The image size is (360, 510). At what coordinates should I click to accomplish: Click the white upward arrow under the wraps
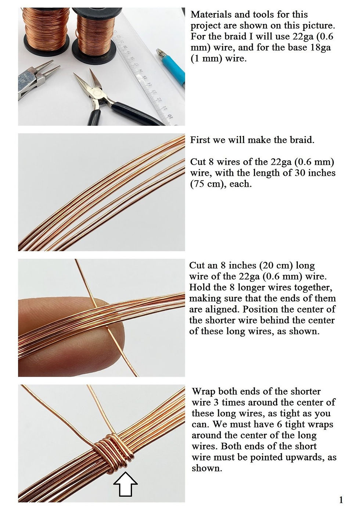click(x=125, y=484)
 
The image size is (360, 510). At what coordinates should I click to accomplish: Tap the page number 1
click(x=341, y=500)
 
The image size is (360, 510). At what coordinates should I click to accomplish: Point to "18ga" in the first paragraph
click(x=320, y=47)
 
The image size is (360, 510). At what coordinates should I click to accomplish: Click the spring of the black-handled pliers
click(x=104, y=102)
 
